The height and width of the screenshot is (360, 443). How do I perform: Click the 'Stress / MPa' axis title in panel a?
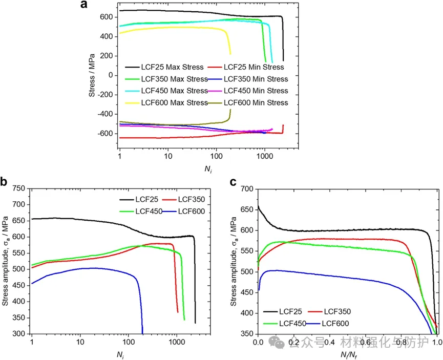[x=92, y=75]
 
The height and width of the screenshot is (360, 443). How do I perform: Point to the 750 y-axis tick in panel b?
[x=19, y=189]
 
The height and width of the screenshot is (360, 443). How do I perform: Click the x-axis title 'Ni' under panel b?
[x=119, y=354]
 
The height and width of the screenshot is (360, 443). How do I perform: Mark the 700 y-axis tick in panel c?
[x=246, y=189]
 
